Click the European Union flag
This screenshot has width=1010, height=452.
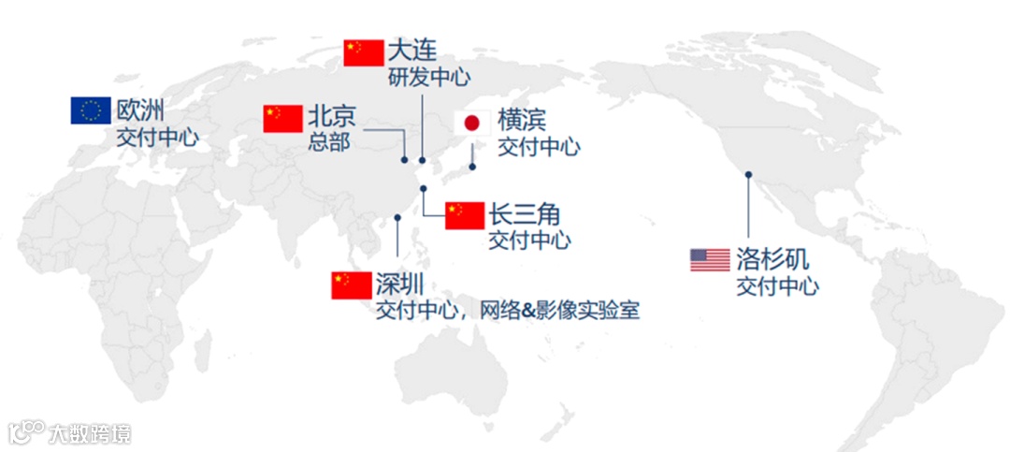pyautogui.click(x=91, y=110)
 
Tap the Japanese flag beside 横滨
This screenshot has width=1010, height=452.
pyautogui.click(x=472, y=124)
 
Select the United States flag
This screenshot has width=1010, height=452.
pyautogui.click(x=710, y=259)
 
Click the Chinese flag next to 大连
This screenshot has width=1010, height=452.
pyautogui.click(x=364, y=52)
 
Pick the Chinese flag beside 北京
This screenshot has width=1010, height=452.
pyautogui.click(x=282, y=119)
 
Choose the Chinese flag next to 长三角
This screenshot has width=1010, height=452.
pyautogui.click(x=465, y=215)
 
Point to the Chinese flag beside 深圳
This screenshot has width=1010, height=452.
pyautogui.click(x=352, y=284)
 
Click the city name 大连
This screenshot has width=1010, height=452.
pyautogui.click(x=412, y=50)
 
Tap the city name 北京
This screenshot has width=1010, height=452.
pyautogui.click(x=332, y=118)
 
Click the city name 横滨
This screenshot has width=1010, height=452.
pyautogui.click(x=522, y=122)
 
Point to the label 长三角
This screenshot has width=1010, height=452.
pyautogui.click(x=525, y=213)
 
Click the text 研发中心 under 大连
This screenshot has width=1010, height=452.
pyautogui.click(x=429, y=77)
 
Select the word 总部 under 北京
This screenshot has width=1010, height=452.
pyautogui.click(x=328, y=144)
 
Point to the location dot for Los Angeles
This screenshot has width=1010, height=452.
pyautogui.click(x=747, y=173)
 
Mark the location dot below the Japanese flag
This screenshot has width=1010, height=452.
pyautogui.click(x=472, y=168)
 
